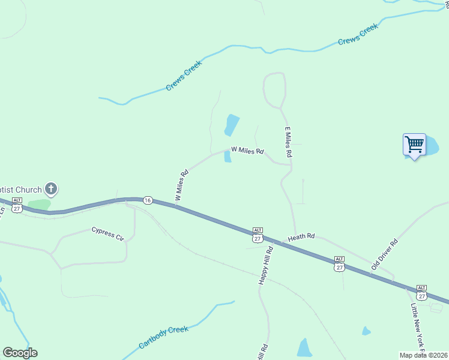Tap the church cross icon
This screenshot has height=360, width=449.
coord(52,190)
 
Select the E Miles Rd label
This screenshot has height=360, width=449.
coord(288,142)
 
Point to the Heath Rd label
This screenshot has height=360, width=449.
coord(301,238)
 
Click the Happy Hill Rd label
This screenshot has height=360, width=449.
coord(265,265)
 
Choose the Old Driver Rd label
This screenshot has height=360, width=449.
coord(385,254)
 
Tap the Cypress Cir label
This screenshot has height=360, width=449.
coord(107,233)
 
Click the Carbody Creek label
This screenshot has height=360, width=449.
coord(164,337)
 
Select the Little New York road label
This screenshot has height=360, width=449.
coord(417,327)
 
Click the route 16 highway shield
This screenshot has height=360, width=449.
coord(148,200)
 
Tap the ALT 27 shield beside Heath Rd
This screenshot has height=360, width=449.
coord(258,235)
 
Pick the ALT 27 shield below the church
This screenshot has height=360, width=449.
coord(17,205)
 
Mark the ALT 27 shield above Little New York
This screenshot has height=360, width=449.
coord(421,293)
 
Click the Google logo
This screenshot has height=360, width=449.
coord(20,352)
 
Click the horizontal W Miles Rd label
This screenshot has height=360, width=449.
coord(247,151)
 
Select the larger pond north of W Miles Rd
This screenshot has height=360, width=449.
coord(232,125)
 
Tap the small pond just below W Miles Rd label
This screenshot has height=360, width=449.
coord(228,157)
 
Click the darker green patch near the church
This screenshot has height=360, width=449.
coord(39,205)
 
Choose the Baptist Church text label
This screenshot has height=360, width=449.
coord(21,190)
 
